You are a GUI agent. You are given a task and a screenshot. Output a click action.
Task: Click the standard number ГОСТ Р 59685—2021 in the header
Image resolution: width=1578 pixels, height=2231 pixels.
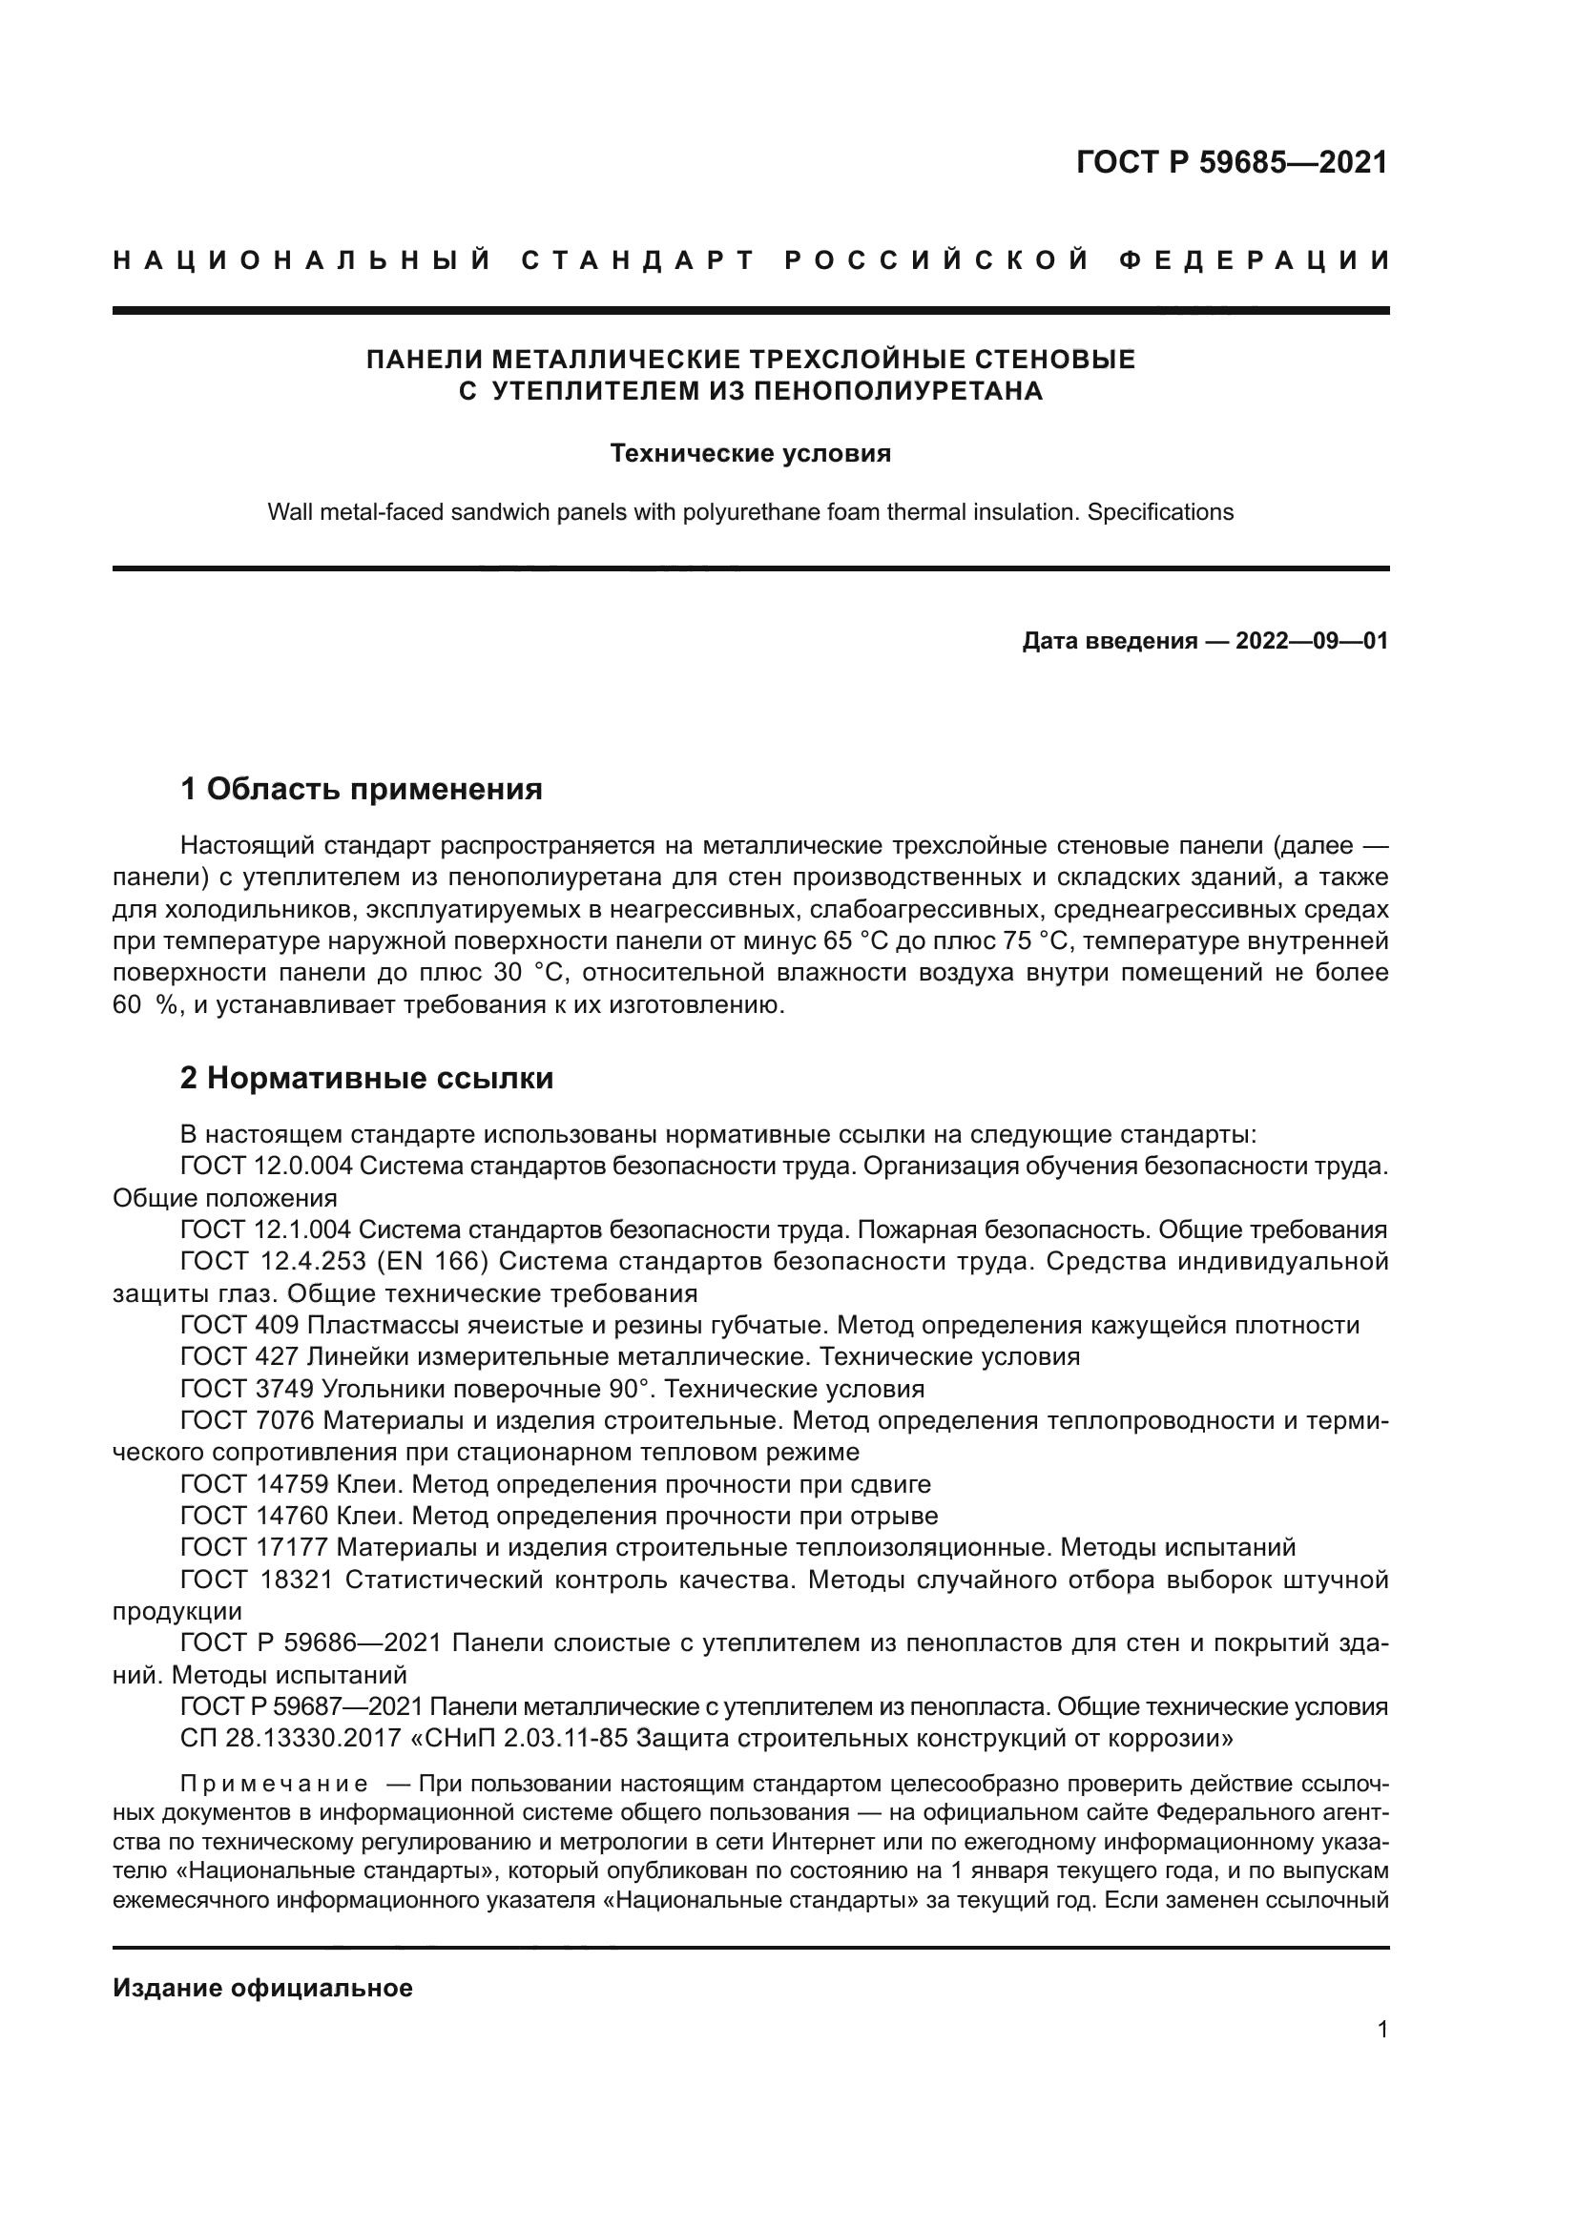click(x=1231, y=161)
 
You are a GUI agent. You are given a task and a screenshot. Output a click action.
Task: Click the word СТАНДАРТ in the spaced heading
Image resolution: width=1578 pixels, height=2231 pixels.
click(x=638, y=260)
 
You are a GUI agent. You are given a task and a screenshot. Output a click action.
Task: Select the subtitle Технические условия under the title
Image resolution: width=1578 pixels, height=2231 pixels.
click(x=750, y=454)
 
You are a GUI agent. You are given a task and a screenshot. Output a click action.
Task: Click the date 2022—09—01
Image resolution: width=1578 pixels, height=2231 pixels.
click(x=1311, y=641)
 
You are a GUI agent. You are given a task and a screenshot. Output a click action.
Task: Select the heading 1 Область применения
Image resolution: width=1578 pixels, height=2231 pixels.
click(x=362, y=789)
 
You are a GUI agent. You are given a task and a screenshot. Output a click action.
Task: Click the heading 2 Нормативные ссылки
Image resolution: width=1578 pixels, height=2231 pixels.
click(x=367, y=1079)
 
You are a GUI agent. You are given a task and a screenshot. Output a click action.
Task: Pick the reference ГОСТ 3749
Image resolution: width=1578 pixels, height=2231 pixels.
click(x=247, y=1389)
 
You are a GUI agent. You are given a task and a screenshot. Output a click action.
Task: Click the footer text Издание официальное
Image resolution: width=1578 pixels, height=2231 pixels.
click(x=262, y=1988)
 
